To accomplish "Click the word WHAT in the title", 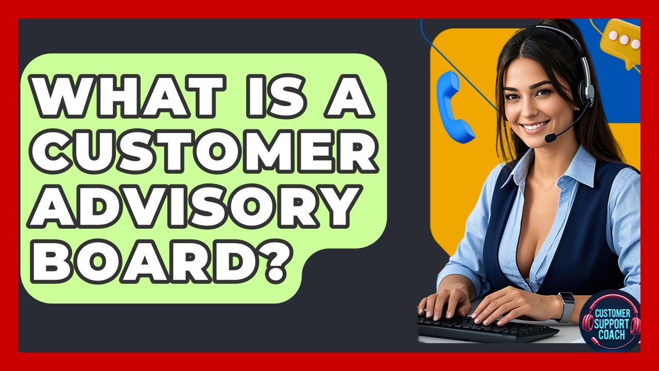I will (x=124, y=96).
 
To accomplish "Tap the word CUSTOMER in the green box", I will (x=203, y=152).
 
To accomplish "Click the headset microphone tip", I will (x=550, y=138).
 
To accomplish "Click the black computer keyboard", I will (x=484, y=328).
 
